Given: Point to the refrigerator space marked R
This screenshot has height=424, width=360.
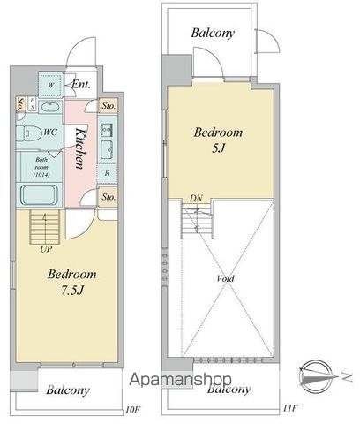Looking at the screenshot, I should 107,173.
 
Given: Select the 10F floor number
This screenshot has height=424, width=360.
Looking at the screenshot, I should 132,409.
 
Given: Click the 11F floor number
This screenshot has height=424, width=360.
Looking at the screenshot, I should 286,409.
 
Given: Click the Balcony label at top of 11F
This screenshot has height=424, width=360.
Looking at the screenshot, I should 213,34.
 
